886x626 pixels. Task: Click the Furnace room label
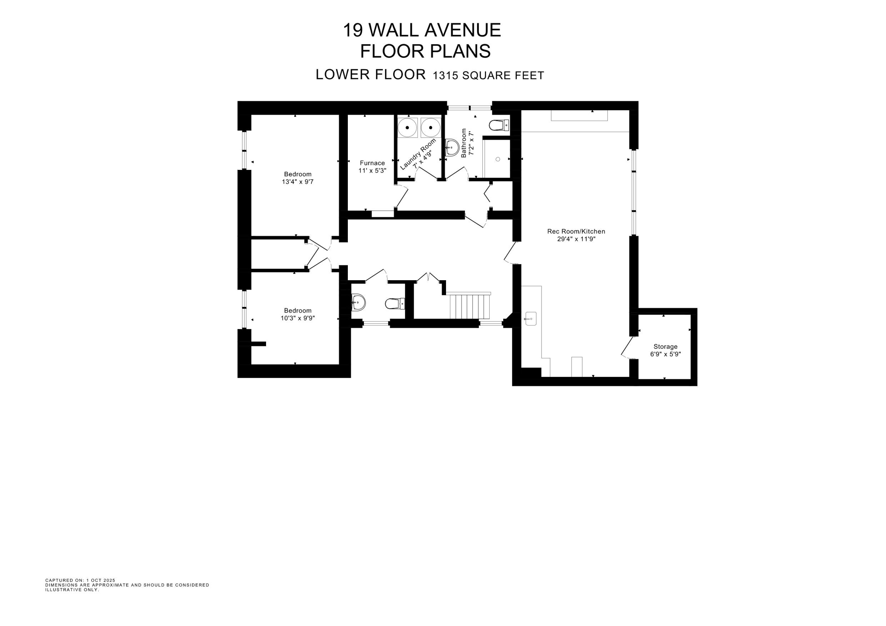(372, 163)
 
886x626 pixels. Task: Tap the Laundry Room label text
(417, 154)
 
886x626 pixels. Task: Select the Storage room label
(665, 346)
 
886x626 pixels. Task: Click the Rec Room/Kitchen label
(576, 231)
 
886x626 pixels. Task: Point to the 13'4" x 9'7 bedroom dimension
(298, 182)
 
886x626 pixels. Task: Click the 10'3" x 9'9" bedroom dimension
(298, 318)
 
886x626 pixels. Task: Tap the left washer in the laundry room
(408, 128)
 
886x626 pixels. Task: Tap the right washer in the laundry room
(431, 128)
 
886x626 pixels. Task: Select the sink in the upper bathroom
(452, 147)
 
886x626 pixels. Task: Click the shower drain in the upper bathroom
(498, 160)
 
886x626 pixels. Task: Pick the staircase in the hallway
(470, 306)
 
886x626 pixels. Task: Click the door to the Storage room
(627, 348)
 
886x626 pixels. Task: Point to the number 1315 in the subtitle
(446, 76)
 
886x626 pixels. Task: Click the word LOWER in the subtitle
(342, 75)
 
